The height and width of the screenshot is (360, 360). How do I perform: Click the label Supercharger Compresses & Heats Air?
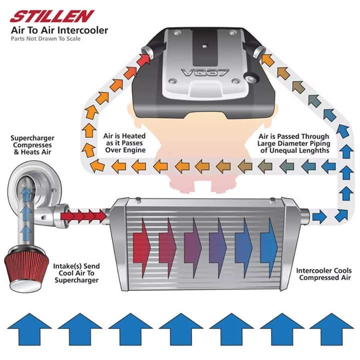[32, 145]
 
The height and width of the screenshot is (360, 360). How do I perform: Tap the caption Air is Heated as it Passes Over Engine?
[124, 143]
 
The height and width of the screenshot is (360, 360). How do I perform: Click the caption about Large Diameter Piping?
[294, 143]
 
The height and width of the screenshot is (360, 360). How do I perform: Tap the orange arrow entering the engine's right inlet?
[265, 60]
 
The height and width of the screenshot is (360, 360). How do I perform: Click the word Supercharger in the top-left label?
[32, 137]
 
